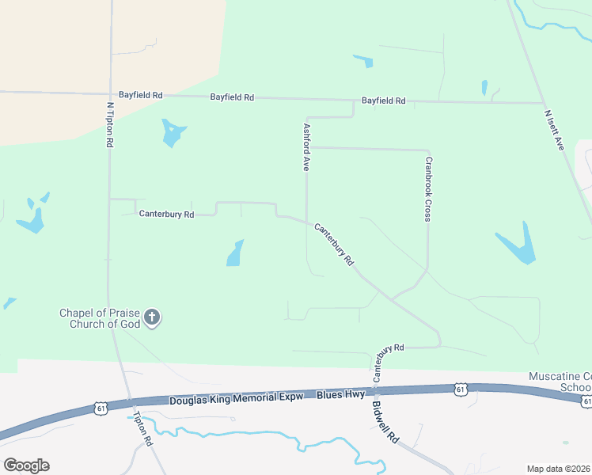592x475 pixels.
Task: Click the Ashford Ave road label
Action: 305,146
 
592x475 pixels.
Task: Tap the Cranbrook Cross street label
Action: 427,188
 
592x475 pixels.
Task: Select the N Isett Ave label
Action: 553,130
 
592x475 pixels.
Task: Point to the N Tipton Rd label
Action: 110,124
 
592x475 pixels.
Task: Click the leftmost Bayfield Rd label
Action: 140,95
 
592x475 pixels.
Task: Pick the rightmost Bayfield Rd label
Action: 383,101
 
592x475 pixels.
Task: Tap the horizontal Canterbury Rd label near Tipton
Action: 166,214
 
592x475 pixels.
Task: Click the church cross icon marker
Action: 152,318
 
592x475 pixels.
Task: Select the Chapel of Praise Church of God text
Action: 100,318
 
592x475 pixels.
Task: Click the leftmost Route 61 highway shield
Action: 100,407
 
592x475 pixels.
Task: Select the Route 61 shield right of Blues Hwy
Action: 461,389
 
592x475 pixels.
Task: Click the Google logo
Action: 26,465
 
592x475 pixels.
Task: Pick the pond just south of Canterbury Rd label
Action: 234,253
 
